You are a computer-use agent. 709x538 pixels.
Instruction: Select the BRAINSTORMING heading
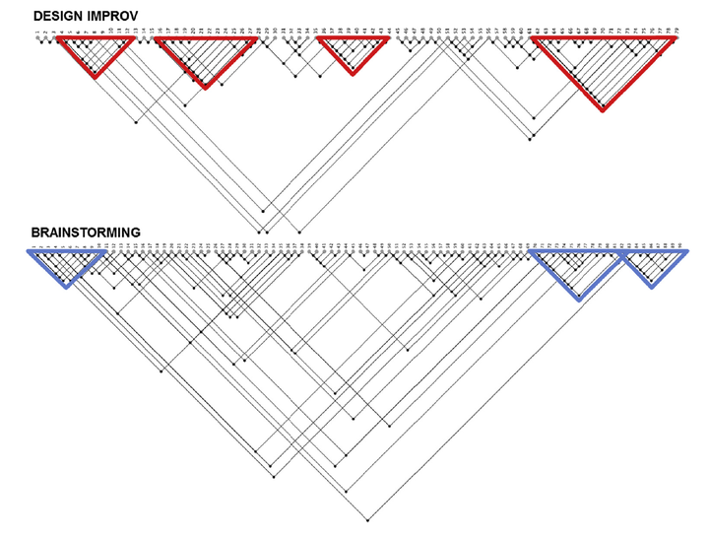86,233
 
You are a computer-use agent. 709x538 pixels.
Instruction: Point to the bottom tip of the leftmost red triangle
95,77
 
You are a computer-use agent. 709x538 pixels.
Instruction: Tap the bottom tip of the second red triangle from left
205,87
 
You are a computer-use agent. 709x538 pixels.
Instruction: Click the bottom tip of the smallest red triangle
353,73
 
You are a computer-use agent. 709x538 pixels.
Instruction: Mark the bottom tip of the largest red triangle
603,109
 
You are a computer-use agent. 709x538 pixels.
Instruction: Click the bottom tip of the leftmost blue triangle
65,286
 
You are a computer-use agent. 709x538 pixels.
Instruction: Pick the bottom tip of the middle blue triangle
578,298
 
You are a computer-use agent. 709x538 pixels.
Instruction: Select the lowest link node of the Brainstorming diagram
368,518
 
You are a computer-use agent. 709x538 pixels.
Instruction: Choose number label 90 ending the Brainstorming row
680,243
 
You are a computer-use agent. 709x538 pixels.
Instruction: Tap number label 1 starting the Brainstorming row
32,243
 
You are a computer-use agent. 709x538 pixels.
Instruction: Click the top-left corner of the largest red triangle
533,40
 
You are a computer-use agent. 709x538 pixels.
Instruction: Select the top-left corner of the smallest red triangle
322,40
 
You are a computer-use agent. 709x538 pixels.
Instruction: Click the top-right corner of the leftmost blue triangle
105,252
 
